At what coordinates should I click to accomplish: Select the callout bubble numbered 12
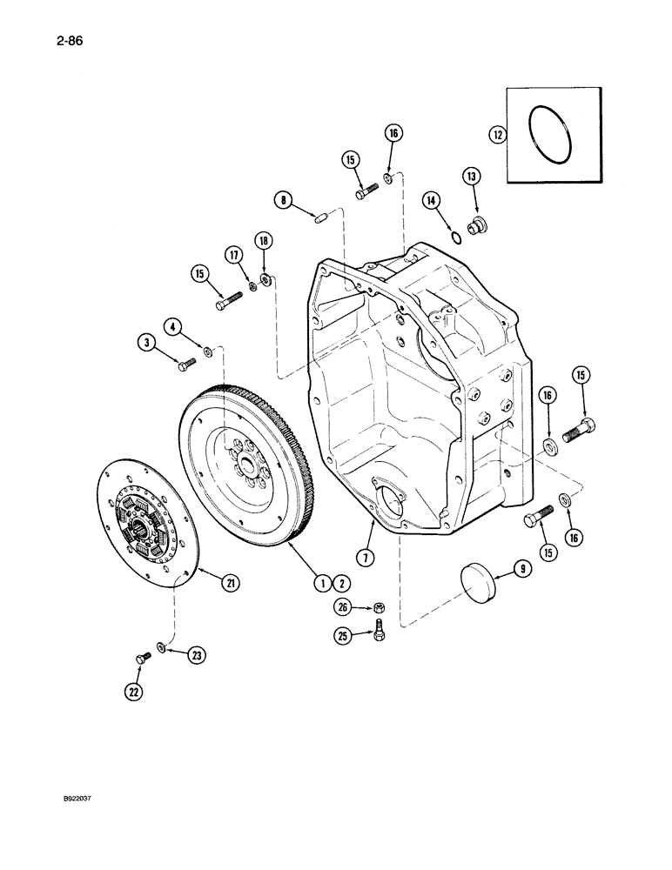click(497, 135)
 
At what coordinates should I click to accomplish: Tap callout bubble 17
click(233, 255)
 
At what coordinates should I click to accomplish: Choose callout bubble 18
click(262, 239)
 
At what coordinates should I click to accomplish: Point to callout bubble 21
click(230, 583)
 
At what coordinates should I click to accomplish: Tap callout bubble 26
click(343, 607)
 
